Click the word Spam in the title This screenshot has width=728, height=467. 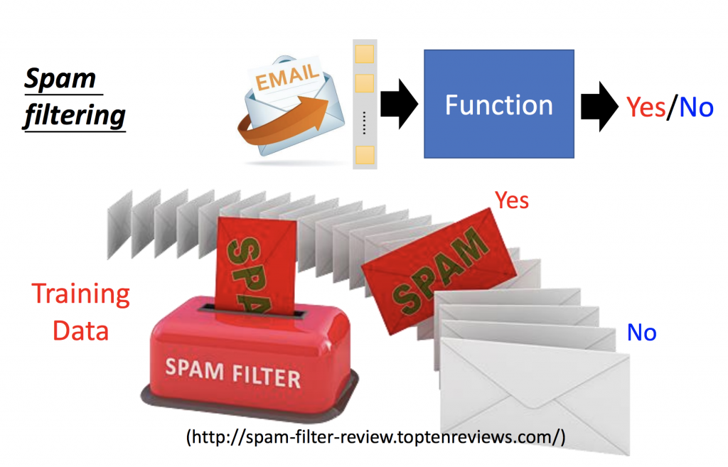60,79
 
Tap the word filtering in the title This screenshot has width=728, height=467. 74,114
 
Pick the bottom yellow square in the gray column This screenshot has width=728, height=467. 365,156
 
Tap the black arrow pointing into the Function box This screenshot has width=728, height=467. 398,105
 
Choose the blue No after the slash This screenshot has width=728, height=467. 696,107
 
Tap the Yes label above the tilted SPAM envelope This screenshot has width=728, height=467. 513,200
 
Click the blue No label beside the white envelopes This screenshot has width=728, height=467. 641,332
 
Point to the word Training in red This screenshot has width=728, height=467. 81,295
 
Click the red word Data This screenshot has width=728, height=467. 81,331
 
